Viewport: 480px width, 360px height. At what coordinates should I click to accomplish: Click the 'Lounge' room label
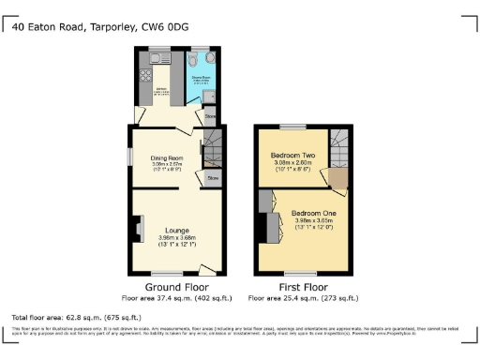coord(177,230)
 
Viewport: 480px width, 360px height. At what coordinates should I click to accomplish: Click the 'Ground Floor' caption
coord(177,288)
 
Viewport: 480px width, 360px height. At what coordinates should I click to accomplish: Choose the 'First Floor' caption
coord(303,288)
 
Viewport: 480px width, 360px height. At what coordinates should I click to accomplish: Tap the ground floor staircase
coord(214,147)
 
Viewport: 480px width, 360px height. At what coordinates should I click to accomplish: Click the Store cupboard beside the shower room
coord(212,117)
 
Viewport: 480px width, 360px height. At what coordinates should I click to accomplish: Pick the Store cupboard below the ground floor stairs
coord(213,177)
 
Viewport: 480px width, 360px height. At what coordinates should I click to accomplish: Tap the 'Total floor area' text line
coord(66,317)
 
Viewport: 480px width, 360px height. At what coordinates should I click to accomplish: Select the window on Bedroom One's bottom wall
coord(302,273)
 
